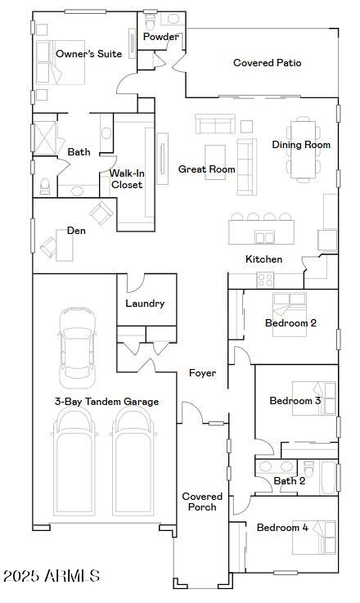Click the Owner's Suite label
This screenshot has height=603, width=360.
[88, 54]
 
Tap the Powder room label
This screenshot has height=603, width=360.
[160, 37]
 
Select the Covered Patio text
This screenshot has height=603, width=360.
[267, 63]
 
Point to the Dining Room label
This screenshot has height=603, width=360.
[301, 145]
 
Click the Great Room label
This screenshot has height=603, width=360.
[206, 169]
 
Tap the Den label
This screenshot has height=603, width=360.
[76, 231]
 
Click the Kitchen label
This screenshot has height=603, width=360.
[263, 259]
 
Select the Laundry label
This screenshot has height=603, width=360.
[145, 304]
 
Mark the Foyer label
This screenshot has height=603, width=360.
[202, 373]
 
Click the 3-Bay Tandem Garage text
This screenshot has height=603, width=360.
[106, 402]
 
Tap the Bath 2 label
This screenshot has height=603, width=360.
[290, 481]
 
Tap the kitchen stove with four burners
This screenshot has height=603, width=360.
[266, 280]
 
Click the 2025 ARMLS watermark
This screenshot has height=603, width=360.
[51, 577]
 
